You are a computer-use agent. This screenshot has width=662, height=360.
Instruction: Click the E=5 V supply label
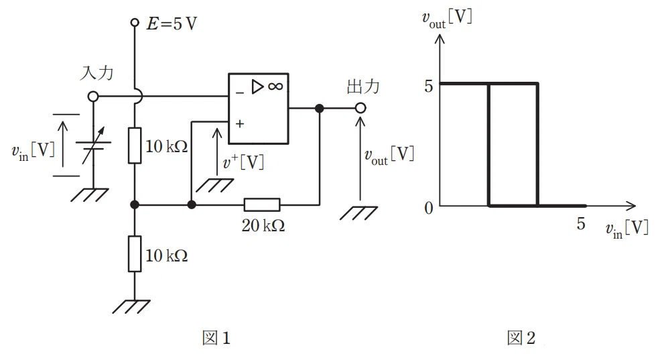coord(172,23)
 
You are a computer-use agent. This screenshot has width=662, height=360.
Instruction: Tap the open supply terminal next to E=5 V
coord(135,22)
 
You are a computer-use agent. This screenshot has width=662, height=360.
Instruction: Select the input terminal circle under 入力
coord(93,97)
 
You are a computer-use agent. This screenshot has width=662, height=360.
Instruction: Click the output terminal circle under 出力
coord(360,108)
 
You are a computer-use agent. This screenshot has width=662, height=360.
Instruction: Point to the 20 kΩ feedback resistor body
coord(262,205)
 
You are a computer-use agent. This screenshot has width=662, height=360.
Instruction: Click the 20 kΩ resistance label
coord(263,226)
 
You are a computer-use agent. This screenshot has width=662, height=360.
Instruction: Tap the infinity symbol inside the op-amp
coord(275,86)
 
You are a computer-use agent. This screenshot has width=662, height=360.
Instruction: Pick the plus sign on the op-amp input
coord(240,124)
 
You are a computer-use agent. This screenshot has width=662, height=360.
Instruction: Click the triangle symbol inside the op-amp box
coord(257,86)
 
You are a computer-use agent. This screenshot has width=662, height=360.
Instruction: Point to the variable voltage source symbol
coord(93,145)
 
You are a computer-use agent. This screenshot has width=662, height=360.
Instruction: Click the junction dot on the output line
coord(320,108)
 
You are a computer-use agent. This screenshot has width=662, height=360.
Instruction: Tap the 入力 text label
coord(96,73)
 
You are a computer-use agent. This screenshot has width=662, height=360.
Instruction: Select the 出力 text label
coord(363,86)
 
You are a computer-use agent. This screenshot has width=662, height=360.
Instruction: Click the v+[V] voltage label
coord(244,162)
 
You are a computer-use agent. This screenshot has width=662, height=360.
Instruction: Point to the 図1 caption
coord(216,338)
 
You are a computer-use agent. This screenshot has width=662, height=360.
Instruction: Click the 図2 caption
coord(521,338)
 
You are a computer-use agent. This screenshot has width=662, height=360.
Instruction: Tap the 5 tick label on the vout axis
coord(429,86)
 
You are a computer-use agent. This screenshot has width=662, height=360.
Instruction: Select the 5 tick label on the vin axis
coord(581,223)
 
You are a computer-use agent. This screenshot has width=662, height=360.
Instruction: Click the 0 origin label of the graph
coord(429,208)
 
